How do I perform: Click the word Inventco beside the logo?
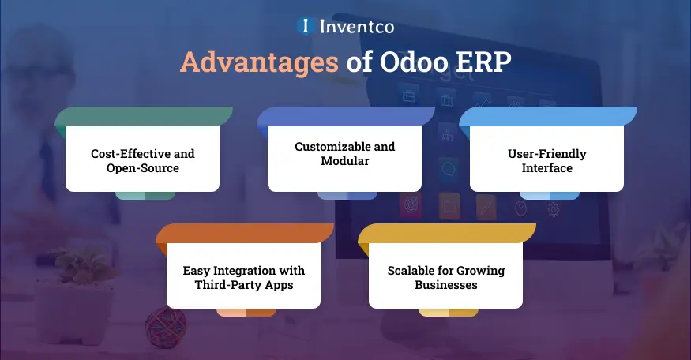click(355, 26)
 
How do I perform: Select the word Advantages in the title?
click(260, 62)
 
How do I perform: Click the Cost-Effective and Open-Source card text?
click(142, 159)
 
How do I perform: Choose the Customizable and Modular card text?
click(344, 154)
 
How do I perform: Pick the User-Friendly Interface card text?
click(546, 159)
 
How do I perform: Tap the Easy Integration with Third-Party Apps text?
click(243, 277)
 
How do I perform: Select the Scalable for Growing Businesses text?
click(445, 277)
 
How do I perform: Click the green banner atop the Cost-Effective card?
click(142, 116)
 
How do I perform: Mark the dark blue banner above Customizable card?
click(344, 116)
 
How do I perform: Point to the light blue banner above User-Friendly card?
click(546, 116)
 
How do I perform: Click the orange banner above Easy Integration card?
click(243, 234)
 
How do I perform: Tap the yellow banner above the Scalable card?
click(445, 234)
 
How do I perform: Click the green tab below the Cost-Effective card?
click(145, 195)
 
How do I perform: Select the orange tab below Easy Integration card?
click(246, 312)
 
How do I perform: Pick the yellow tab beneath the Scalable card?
click(449, 312)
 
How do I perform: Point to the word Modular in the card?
click(344, 161)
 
